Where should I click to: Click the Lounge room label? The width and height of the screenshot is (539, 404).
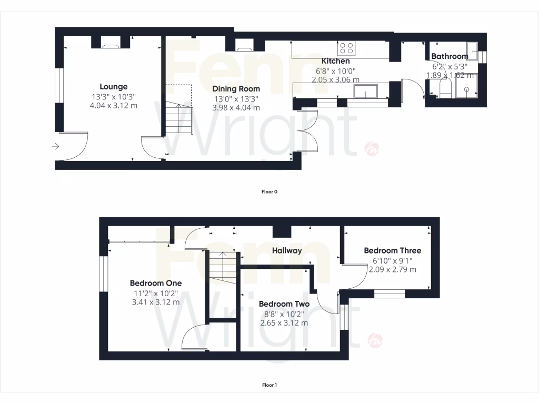coord(114,87)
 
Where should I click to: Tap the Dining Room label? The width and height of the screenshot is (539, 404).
coord(236,89)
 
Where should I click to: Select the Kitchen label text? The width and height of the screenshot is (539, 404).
coord(335,62)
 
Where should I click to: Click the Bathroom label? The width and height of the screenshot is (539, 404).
coord(450,56)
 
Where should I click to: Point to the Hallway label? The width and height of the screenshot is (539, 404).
coord(287,250)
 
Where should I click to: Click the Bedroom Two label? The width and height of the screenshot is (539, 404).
coord(284,304)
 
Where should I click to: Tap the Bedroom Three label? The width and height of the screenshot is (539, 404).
coord(392,250)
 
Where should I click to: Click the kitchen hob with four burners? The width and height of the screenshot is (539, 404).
coord(346,48)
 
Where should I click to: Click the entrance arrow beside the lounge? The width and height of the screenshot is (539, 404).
coord(56,146)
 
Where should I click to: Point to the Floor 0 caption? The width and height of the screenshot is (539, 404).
coord(269,192)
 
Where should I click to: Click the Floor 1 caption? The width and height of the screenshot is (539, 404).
coord(269,385)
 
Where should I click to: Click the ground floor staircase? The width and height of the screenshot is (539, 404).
coord(179,118)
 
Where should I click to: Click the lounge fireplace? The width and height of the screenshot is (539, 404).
coord(111,45)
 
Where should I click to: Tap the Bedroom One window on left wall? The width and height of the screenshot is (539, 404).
coord(104,274)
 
